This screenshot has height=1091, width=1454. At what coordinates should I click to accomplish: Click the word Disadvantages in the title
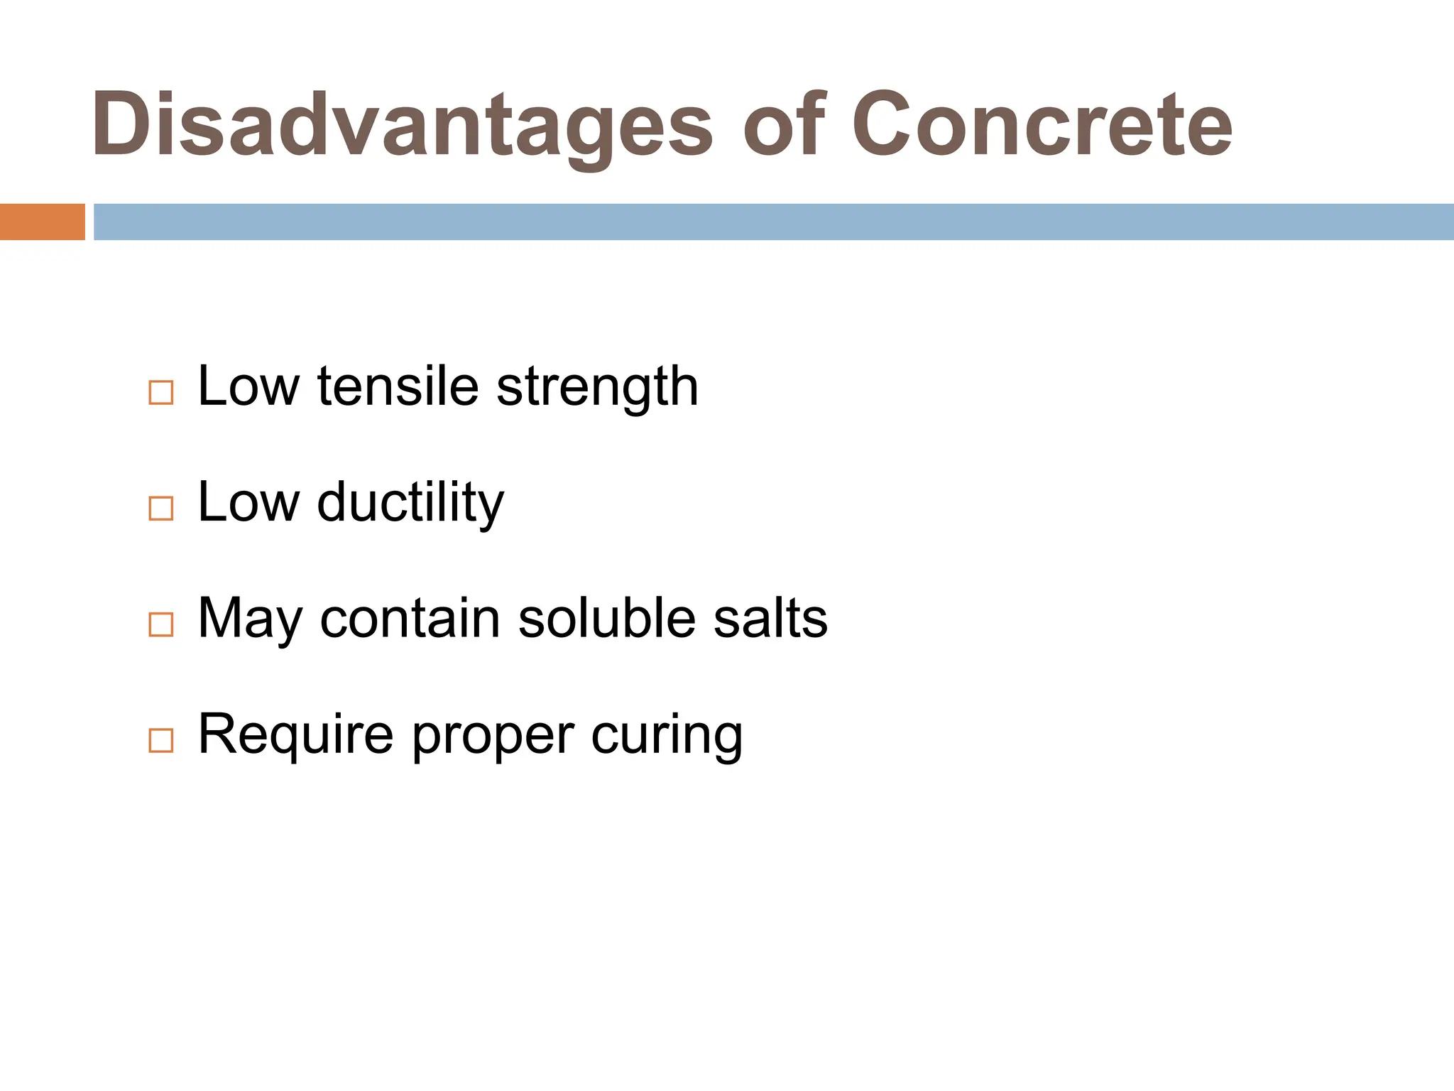[402, 125]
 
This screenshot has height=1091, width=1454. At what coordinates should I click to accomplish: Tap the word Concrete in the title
[1042, 125]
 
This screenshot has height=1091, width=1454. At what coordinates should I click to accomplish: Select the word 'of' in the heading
[784, 125]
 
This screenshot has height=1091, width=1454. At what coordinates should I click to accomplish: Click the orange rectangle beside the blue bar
[42, 222]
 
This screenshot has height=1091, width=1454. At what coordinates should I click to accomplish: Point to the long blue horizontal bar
[773, 222]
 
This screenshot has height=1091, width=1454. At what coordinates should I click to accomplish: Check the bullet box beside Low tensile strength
[161, 393]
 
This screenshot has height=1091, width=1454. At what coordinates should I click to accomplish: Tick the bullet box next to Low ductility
[161, 509]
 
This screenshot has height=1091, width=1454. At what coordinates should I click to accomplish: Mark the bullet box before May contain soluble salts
[161, 624]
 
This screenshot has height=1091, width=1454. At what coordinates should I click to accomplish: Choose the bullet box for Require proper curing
[161, 740]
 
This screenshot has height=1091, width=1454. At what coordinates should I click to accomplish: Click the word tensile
[398, 387]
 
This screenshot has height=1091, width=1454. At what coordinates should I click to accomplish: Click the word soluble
[606, 619]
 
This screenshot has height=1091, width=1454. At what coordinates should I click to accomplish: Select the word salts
[770, 619]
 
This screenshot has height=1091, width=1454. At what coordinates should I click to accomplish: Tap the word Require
[295, 734]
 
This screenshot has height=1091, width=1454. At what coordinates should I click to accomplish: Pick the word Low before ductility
[248, 503]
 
